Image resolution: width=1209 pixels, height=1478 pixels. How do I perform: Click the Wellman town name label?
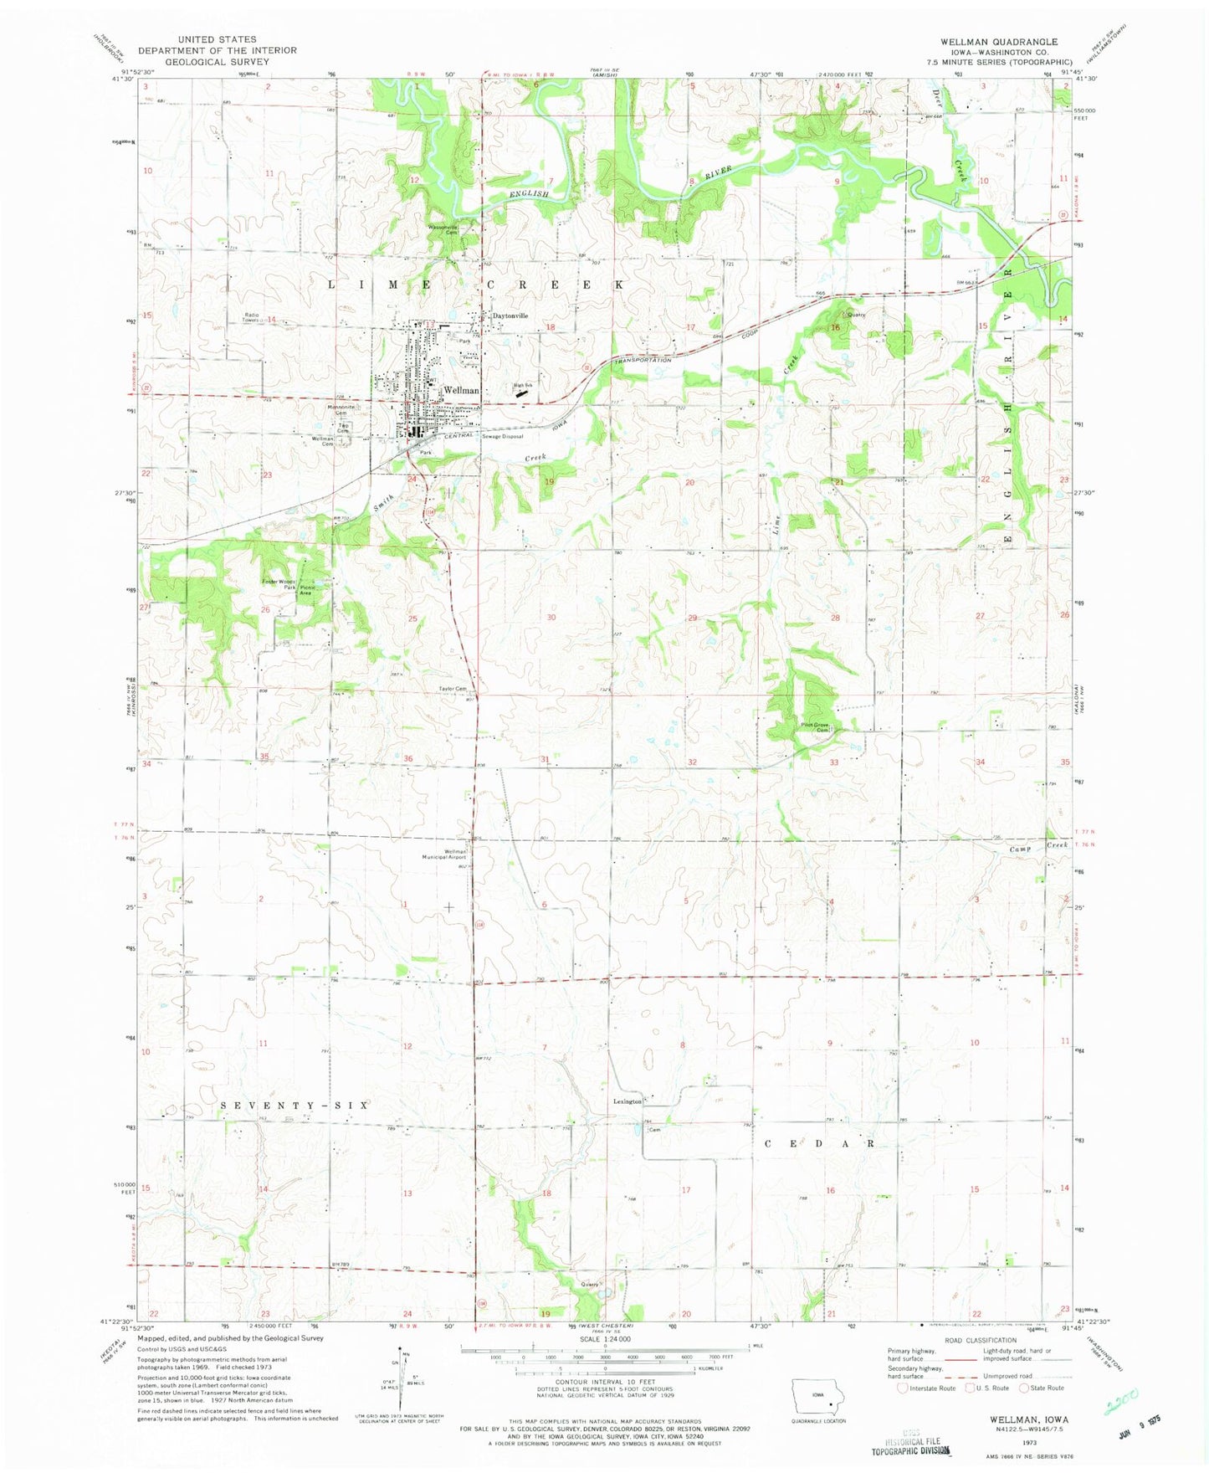(461, 390)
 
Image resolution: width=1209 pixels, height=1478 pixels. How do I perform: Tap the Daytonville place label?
(510, 316)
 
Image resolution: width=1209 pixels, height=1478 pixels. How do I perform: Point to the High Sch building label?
(524, 385)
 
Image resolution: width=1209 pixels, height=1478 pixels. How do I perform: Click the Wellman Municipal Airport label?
(449, 854)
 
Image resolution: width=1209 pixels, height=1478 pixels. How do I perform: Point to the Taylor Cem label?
(453, 689)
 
